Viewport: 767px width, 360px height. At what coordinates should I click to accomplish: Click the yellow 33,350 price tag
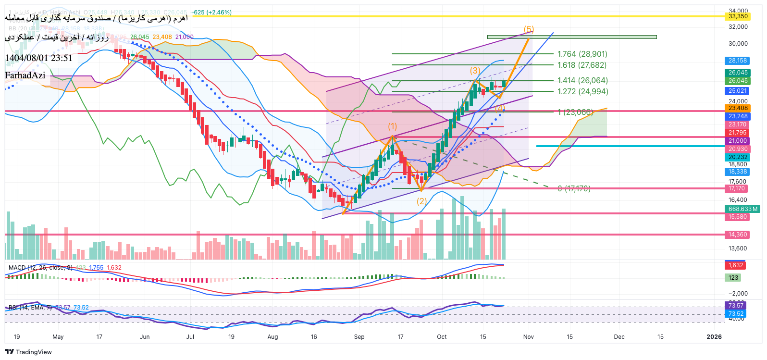point(738,16)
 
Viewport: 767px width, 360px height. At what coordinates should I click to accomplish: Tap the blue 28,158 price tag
point(738,61)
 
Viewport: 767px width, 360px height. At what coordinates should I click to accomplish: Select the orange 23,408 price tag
point(738,108)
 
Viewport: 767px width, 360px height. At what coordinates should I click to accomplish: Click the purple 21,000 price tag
point(738,141)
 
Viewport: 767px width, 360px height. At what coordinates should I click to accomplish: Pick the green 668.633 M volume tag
point(742,209)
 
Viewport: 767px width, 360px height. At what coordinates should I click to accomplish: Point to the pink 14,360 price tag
point(738,235)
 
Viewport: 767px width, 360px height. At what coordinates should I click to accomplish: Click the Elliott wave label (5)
point(529,29)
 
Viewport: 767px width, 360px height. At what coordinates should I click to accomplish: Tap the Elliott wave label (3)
point(475,71)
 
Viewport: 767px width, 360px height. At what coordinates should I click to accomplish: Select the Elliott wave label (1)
point(393,126)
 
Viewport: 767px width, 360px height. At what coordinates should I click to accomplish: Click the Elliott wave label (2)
point(421,201)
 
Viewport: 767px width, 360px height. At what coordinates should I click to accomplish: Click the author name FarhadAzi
point(25,75)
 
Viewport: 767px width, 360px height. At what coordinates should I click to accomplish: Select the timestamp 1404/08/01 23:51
point(38,58)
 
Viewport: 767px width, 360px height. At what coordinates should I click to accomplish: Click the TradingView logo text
point(34,352)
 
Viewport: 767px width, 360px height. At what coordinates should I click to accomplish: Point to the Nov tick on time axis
point(528,337)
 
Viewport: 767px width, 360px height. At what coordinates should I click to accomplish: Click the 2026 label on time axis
point(714,337)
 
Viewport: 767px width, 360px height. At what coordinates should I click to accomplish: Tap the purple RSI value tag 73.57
point(735,306)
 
